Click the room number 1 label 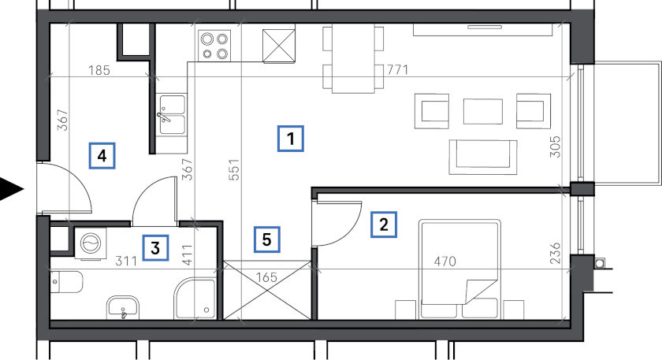(291, 139)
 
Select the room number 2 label (383, 224)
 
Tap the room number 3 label (155, 247)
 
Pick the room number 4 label (102, 156)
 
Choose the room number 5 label (266, 239)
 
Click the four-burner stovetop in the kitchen (214, 46)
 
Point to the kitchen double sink (173, 114)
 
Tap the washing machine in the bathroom (91, 243)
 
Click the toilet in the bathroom (65, 282)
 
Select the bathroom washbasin (123, 306)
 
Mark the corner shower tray (195, 299)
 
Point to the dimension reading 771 (397, 69)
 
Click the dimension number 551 (234, 169)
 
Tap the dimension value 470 (445, 262)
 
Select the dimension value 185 (99, 70)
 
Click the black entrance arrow (11, 190)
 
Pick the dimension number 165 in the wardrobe (267, 277)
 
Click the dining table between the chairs (353, 58)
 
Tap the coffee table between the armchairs (483, 111)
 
